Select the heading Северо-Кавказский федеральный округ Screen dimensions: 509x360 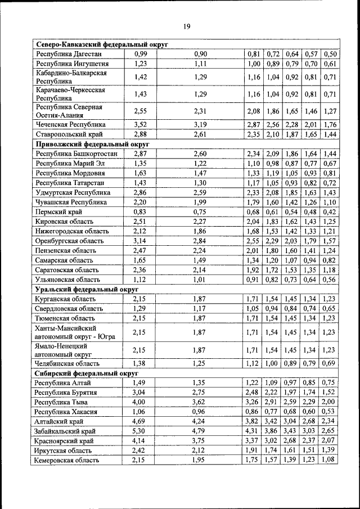102,44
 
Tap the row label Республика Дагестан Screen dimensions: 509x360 69,54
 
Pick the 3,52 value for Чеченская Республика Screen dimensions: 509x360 140,124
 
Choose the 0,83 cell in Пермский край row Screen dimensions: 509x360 140,212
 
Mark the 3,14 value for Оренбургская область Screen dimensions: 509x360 140,241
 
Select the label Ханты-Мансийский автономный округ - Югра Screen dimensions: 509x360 71,332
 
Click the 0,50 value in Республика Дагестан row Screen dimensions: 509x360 330,54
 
